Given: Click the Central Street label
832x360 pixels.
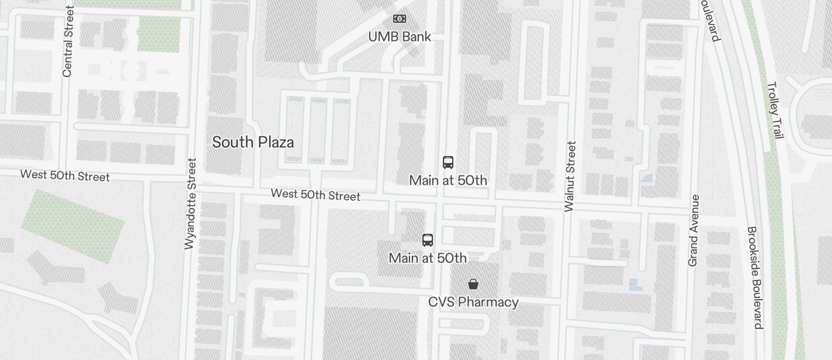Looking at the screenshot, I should [68, 41].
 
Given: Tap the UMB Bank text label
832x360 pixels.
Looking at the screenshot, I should [400, 37].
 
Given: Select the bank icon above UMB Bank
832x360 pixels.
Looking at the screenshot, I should [400, 19].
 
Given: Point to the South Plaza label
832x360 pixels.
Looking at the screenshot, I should [253, 142].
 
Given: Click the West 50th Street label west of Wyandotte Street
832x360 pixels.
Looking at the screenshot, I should [65, 175].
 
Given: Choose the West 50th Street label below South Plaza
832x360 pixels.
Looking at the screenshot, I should [316, 195].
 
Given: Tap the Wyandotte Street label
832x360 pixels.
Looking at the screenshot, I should [189, 203].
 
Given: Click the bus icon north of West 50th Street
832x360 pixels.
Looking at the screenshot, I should [448, 162].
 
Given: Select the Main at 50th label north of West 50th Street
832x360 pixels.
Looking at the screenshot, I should [448, 180].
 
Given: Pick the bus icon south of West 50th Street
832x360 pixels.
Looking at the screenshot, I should [428, 240].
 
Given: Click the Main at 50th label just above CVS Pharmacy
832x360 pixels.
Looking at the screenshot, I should [428, 258].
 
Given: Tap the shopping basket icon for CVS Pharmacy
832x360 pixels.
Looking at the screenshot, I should [473, 284].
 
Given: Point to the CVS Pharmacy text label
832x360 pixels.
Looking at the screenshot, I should [473, 302].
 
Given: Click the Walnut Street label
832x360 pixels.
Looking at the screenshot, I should [570, 176].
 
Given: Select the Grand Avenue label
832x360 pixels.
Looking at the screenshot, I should [694, 230].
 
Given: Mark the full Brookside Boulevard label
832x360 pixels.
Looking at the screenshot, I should [755, 278].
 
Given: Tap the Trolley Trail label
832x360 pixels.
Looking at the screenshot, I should [775, 110].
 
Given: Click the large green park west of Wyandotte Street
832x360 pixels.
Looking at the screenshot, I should [72, 226].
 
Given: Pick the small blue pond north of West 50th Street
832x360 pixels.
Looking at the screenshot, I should [647, 178].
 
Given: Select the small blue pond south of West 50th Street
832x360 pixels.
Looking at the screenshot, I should [635, 285].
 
